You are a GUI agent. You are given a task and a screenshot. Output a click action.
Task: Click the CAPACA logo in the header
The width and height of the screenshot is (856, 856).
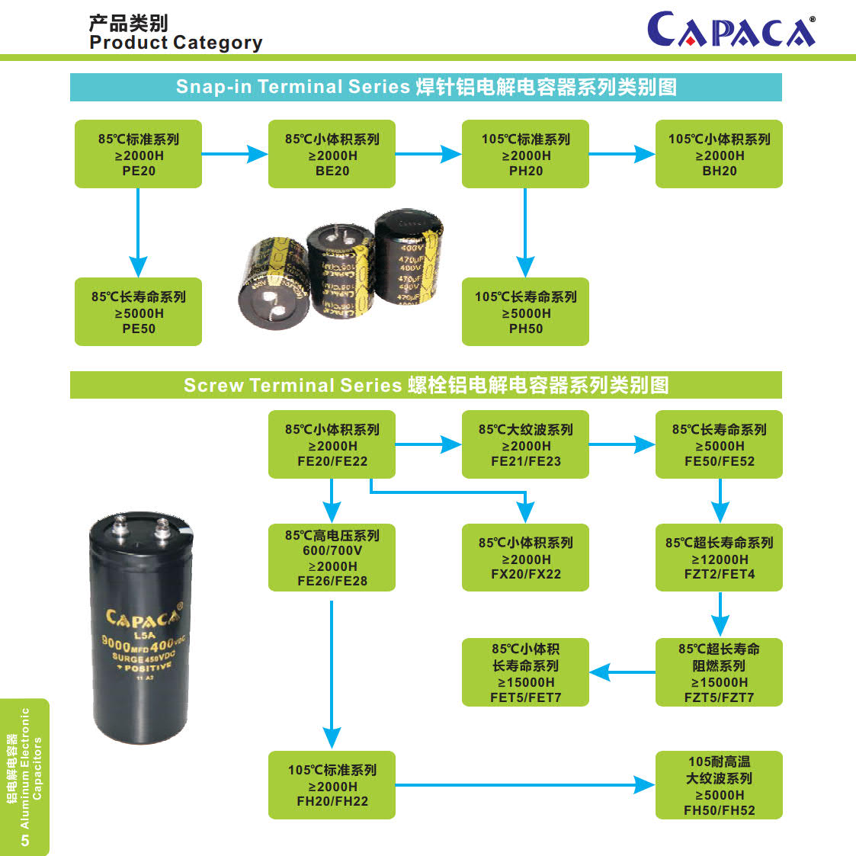tap(731, 30)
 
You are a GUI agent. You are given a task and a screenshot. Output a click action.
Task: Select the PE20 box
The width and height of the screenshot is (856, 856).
tap(138, 154)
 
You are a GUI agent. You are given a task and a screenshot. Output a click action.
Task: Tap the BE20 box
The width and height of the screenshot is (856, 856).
tap(332, 154)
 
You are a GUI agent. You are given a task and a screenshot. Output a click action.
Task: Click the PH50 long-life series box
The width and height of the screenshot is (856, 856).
tap(525, 312)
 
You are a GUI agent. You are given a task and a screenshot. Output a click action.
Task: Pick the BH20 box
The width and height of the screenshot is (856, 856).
tap(719, 154)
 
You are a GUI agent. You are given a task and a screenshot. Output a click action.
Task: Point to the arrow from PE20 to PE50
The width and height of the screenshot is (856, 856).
tap(138, 232)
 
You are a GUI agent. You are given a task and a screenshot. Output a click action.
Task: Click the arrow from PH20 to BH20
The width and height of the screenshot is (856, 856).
tap(621, 154)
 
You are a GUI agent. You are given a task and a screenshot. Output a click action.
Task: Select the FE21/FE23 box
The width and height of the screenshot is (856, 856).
tap(525, 444)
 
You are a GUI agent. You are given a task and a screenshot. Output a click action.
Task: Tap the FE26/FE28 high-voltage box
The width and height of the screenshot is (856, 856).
tap(332, 557)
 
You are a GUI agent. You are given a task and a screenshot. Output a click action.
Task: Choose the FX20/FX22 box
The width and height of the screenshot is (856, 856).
tap(525, 557)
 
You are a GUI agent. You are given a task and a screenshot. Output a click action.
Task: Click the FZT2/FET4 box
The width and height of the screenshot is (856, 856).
tap(719, 557)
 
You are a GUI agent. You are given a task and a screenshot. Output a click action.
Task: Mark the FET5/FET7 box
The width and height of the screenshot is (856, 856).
tap(525, 672)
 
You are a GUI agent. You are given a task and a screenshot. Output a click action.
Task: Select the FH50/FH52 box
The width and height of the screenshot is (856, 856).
tap(719, 785)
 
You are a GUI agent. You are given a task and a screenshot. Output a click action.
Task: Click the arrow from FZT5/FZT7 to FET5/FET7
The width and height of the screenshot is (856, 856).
tap(621, 672)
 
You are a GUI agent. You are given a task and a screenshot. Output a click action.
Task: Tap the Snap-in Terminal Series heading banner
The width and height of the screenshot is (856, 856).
tap(425, 87)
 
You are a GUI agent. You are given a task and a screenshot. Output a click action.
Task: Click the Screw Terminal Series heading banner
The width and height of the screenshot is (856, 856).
tap(425, 385)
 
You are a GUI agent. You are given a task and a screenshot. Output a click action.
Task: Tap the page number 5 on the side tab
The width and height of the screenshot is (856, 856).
tap(25, 840)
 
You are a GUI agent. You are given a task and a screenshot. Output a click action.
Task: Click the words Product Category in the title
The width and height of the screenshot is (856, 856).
tap(175, 43)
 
